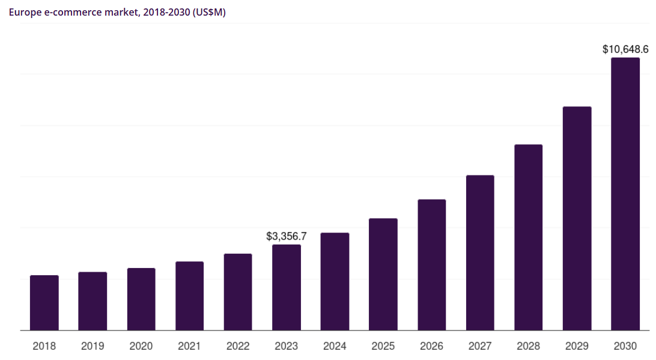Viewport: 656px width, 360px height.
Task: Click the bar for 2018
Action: click(44, 303)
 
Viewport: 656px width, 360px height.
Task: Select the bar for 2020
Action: click(141, 299)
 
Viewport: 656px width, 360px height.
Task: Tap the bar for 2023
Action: click(287, 287)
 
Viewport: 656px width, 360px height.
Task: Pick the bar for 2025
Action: click(383, 274)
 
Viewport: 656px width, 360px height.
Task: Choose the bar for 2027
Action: click(480, 252)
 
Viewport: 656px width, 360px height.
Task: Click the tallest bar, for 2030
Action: click(625, 194)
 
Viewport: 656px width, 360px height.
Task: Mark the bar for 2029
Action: click(577, 218)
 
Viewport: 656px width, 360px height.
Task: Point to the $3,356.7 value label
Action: click(287, 236)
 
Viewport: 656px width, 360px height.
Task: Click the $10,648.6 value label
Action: click(625, 49)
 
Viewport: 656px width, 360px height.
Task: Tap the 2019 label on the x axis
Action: click(93, 346)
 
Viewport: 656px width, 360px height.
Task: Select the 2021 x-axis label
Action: click(189, 346)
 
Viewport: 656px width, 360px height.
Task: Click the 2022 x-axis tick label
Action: click(238, 346)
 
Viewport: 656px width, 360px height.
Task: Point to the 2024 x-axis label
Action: click(335, 346)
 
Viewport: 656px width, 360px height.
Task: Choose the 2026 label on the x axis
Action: click(431, 346)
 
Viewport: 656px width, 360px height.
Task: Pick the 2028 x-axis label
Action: click(528, 346)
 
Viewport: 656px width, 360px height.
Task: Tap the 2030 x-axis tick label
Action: click(625, 346)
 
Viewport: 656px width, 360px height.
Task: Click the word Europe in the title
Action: click(23, 12)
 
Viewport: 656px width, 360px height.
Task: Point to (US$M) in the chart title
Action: click(208, 12)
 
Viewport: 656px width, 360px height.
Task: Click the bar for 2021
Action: click(189, 296)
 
